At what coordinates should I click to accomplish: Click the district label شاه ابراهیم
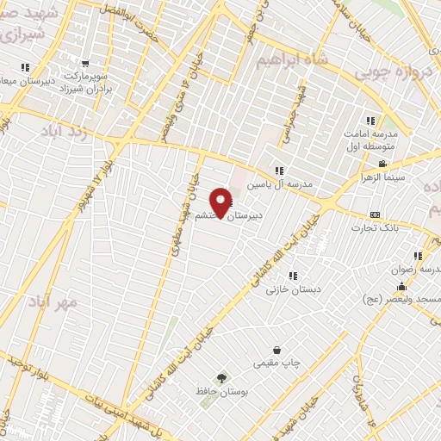point(293,59)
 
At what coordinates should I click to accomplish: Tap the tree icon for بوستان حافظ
point(221,378)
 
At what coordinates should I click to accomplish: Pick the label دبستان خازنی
point(293,291)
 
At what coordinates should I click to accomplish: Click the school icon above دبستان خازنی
point(294,276)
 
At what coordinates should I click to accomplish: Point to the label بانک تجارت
point(373,229)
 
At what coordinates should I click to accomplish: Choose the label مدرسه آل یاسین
point(277,184)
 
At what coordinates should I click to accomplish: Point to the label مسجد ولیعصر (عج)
point(400,299)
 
